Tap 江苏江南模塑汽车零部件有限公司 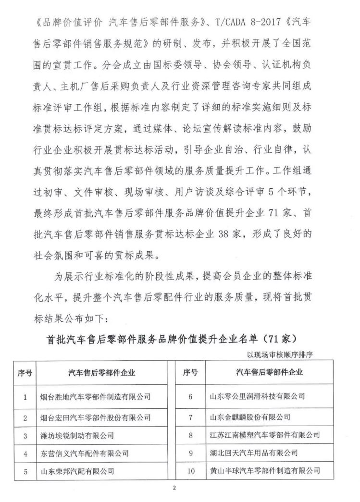[x=265, y=436]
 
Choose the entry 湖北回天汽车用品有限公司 [x=254, y=453]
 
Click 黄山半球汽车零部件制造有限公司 [x=265, y=471]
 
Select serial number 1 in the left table [x=25, y=396]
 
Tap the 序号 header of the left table [x=25, y=372]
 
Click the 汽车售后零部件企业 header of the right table [x=266, y=372]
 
